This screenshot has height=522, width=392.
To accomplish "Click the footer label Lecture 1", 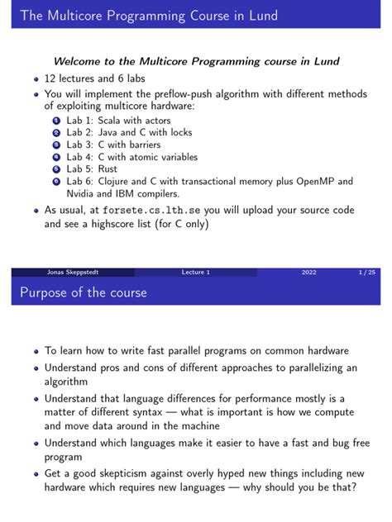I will pos(196,272).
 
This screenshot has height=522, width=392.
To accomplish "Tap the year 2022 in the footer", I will pos(308,272).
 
